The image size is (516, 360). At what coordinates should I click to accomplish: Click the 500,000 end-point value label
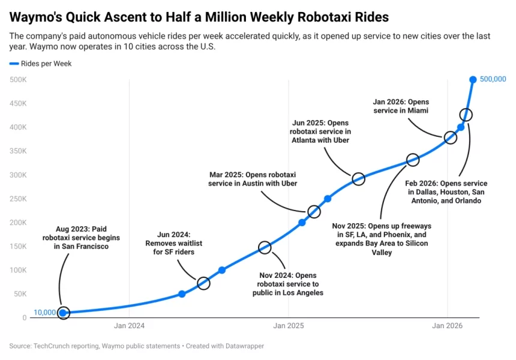pos(493,80)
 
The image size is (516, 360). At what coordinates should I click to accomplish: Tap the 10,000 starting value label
pos(45,313)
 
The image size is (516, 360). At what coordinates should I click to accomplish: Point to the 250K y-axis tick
pos(18,199)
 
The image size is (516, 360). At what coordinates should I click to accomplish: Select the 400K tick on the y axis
pos(18,127)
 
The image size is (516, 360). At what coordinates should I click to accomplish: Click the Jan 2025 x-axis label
pos(289,326)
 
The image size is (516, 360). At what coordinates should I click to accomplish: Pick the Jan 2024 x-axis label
pos(129,326)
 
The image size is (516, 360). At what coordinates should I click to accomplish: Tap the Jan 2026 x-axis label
pos(448,326)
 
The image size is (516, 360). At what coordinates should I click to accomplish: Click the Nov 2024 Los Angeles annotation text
pos(288,284)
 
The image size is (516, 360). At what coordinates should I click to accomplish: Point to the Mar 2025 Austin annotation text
pos(253,179)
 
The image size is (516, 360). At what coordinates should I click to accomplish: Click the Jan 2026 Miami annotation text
pos(401,106)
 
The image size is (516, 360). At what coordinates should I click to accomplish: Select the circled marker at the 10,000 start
pos(63,313)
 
